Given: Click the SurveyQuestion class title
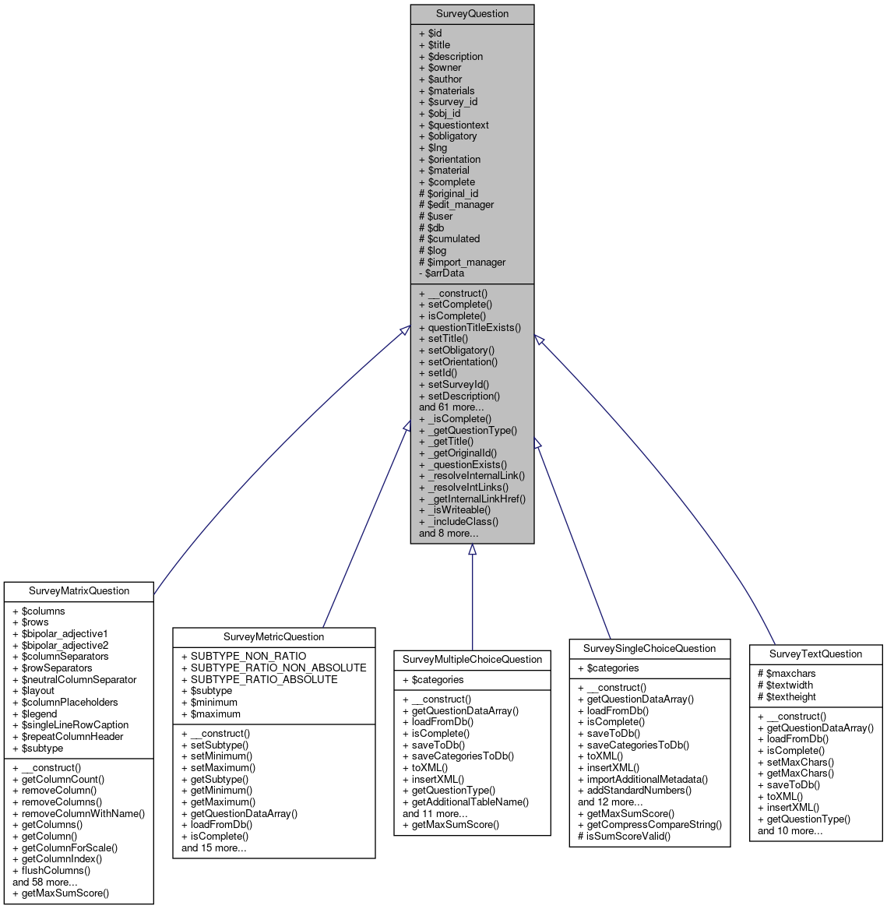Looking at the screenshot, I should tap(472, 14).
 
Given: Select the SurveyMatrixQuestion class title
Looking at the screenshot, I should tap(79, 591).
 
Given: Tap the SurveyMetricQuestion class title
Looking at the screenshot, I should tap(273, 637).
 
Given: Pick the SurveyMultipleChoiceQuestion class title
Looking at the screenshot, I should tap(472, 660).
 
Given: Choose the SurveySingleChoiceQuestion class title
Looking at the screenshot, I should tap(649, 648).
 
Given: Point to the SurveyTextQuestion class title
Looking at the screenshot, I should tap(815, 654).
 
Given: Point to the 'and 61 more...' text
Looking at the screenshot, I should tap(451, 407).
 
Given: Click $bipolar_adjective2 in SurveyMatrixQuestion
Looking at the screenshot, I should tap(65, 645).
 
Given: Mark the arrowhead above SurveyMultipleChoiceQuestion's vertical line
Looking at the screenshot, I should tap(472, 549).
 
